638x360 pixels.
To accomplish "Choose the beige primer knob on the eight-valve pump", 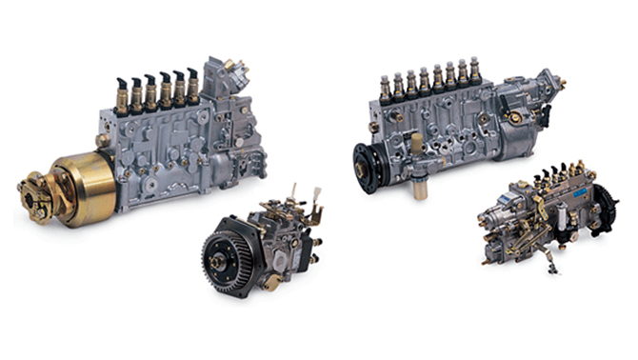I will coord(416,142).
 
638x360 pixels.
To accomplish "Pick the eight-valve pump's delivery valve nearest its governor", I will coord(474,69).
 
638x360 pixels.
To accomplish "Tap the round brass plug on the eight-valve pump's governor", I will coord(515,117).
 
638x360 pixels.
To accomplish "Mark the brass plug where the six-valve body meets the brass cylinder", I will coord(102,140).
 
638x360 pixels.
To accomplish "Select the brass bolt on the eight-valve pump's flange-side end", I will coord(374,126).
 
